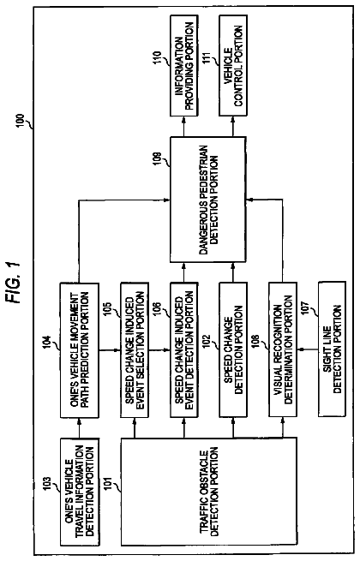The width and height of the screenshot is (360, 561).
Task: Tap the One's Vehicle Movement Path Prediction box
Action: [79, 350]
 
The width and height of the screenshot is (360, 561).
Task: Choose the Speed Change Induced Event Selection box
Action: [135, 350]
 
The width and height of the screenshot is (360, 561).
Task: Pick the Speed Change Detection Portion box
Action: [233, 349]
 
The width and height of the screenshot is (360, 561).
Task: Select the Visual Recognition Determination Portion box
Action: [283, 349]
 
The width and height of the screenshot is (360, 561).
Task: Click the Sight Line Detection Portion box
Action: [332, 349]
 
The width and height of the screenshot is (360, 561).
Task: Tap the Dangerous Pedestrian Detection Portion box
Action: [207, 200]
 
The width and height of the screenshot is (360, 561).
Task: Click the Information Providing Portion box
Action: [184, 65]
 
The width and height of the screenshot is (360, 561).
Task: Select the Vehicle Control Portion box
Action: [233, 65]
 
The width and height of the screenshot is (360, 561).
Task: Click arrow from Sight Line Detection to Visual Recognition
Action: [308, 349]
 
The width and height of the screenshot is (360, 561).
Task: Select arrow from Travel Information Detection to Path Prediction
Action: [79, 428]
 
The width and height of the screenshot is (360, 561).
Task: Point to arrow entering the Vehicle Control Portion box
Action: [233, 126]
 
